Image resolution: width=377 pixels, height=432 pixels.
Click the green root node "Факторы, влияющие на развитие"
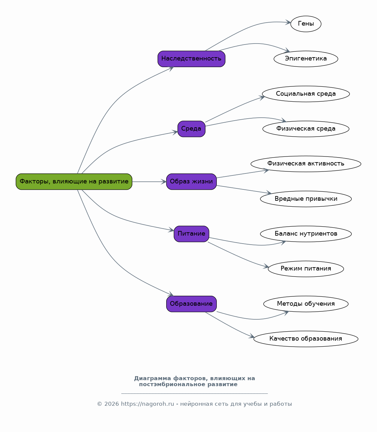coord(74,181)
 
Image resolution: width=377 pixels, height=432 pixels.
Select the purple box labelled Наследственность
coord(191,59)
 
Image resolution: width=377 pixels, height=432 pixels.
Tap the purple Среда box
coord(191,129)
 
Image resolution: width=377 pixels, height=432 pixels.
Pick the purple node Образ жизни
coord(191,181)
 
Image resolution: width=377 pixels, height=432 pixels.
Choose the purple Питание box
coord(191,234)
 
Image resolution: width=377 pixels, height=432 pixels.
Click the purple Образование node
coord(191,304)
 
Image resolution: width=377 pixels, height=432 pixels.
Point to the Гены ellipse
coord(306,24)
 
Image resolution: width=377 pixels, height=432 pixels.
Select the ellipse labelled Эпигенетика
coord(306,59)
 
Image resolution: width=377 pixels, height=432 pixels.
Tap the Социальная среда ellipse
coord(306,94)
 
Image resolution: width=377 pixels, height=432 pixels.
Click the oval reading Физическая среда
coord(306,129)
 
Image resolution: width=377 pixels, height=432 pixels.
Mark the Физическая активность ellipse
coord(306,164)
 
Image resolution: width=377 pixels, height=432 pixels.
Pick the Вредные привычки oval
coord(306,199)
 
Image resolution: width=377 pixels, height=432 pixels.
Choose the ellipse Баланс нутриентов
coord(306,234)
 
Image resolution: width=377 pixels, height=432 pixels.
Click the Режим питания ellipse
coord(306,269)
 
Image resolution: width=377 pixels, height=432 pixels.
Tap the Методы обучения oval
coord(306,304)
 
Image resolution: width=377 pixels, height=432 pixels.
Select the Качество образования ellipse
coord(306,339)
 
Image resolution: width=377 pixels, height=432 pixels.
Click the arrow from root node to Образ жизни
coord(149,181)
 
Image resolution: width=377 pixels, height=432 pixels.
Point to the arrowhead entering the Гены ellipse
coord(288,22)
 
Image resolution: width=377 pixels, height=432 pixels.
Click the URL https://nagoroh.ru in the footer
coord(147,404)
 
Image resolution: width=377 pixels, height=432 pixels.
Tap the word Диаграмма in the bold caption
coord(153,378)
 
